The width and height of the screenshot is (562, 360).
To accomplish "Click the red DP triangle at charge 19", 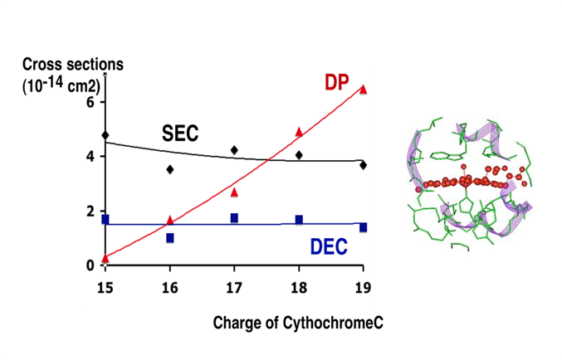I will pos(363,90).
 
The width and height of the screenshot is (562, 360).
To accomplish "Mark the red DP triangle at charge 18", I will pos(299,132).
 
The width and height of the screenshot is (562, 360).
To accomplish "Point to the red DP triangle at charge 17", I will pos(234,192).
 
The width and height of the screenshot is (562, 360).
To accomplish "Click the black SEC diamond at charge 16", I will pos(169,169).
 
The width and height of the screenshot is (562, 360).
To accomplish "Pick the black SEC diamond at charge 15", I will pos(105,135).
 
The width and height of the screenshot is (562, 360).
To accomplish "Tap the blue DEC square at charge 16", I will pos(169,238).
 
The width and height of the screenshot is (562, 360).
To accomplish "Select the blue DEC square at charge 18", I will pos(299,220).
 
